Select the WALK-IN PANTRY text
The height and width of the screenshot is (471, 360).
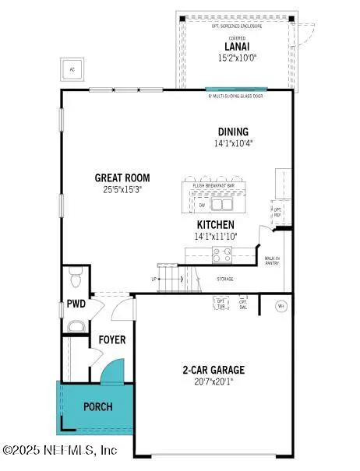coord(272,260)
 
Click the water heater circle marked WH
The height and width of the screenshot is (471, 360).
coord(281,306)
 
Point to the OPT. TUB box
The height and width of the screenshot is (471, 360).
coord(221,303)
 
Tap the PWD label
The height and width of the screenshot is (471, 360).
coord(75,304)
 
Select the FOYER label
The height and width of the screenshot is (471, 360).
coord(112,340)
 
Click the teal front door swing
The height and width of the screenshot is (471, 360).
coord(113,371)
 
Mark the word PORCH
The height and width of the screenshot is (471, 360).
coord(97,406)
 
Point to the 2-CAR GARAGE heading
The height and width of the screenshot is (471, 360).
coord(213,370)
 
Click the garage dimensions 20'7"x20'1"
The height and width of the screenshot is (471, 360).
coord(213,381)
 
